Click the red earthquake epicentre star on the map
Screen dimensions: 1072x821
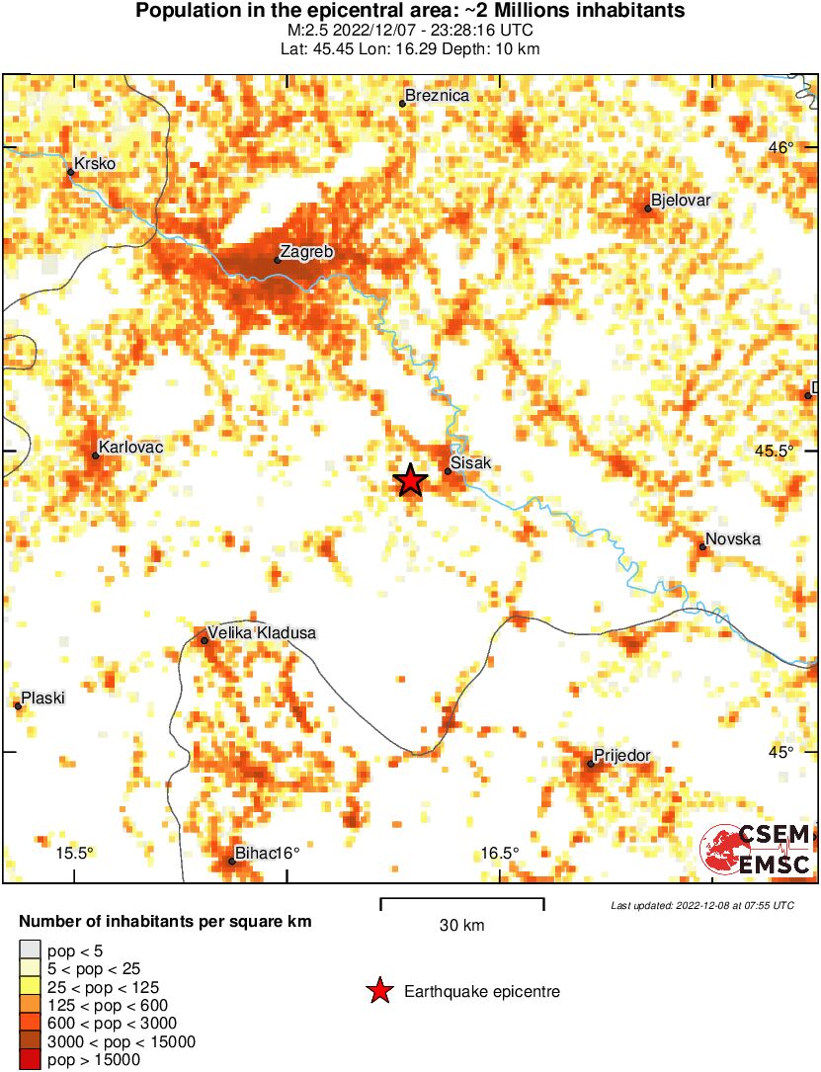[410, 481]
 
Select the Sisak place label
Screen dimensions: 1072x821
[470, 462]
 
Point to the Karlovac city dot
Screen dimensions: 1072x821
[96, 455]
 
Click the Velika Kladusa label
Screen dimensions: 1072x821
[264, 632]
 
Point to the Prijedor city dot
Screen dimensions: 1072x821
[591, 764]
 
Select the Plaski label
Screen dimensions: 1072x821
[43, 698]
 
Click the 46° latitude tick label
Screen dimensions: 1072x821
[781, 147]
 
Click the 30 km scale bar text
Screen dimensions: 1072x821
[461, 926]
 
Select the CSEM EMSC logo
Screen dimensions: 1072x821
[757, 850]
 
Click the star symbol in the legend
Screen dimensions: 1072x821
[378, 991]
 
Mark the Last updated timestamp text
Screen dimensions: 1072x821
[701, 905]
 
